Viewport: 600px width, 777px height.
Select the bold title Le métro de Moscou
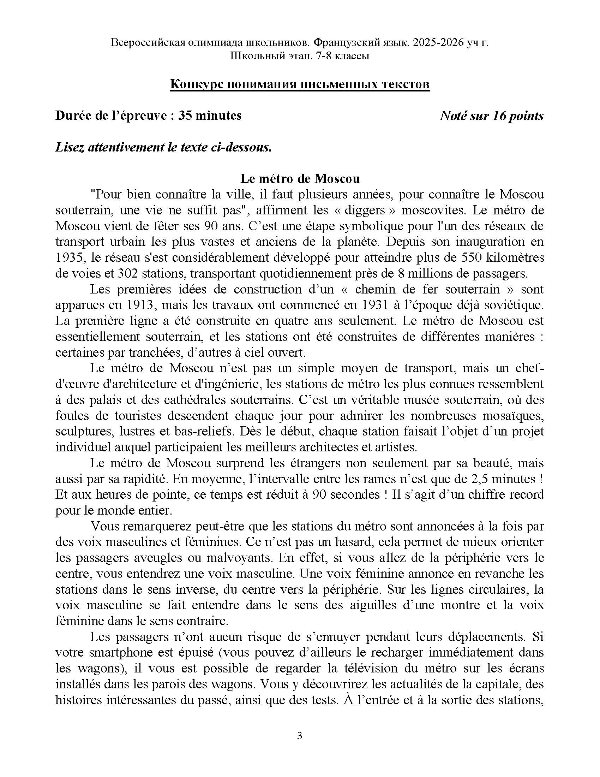(300, 178)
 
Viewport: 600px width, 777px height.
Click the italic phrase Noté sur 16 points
(491, 115)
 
